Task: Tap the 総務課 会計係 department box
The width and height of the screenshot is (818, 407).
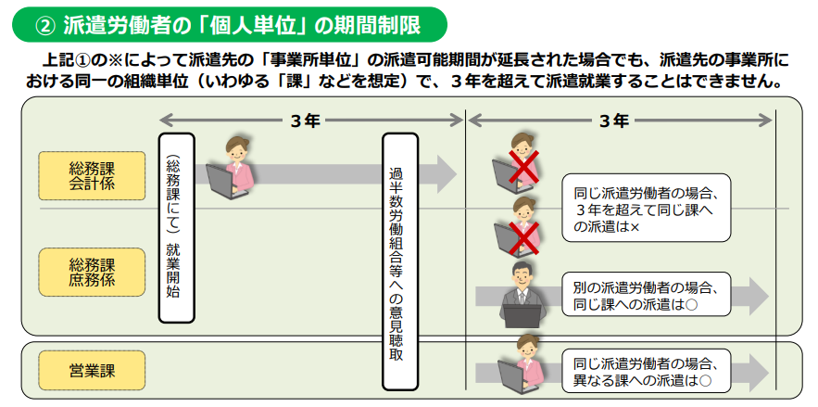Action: pyautogui.click(x=92, y=175)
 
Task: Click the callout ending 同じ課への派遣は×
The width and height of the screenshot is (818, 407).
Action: pyautogui.click(x=646, y=210)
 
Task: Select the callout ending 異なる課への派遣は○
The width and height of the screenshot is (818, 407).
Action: pyautogui.click(x=646, y=371)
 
